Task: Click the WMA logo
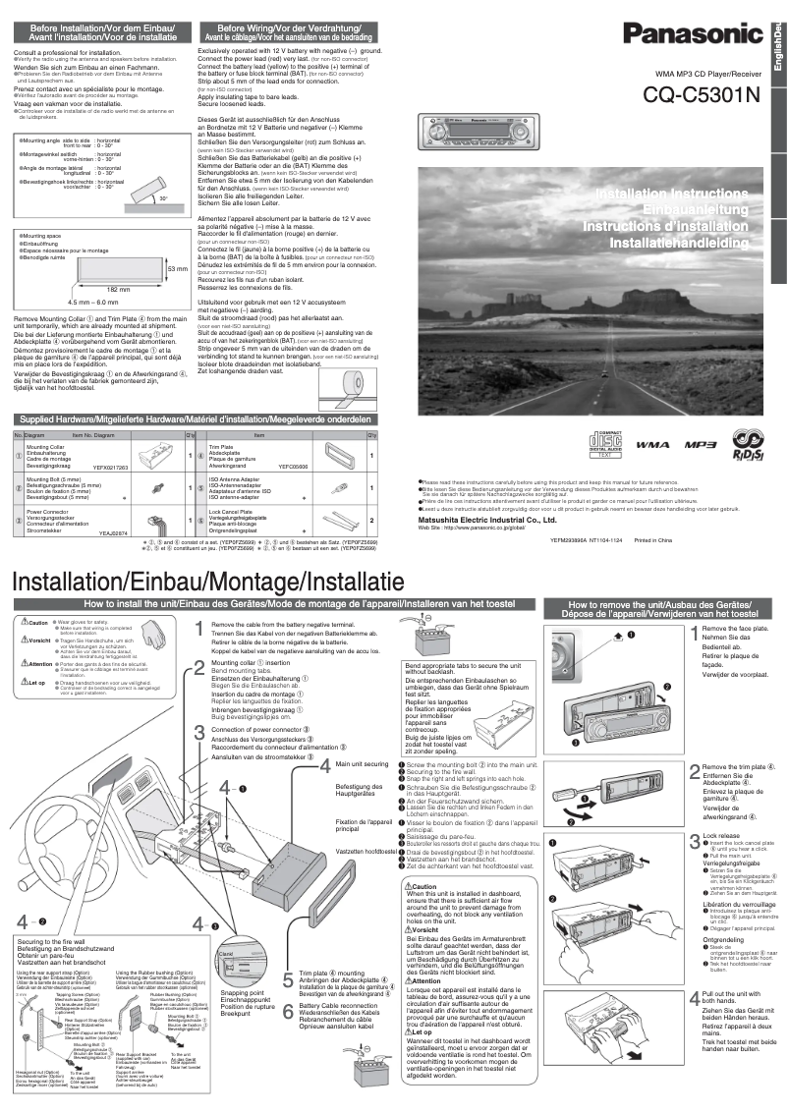tap(652, 445)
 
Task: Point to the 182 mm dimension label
tap(118, 290)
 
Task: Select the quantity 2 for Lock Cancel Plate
tap(370, 520)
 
